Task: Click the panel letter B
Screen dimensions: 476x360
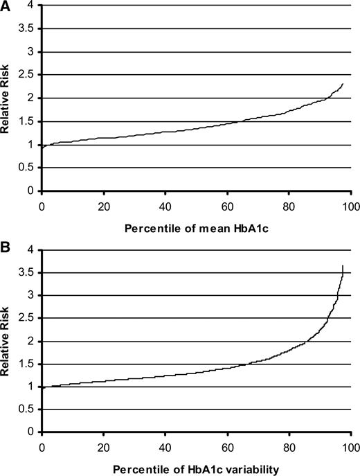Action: [6, 247]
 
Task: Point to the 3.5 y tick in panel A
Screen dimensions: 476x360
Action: [27, 29]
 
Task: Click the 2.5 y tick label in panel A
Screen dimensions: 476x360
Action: [27, 76]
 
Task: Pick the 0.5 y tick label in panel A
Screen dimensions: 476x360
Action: [27, 168]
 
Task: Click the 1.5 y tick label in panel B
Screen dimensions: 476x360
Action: [27, 364]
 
